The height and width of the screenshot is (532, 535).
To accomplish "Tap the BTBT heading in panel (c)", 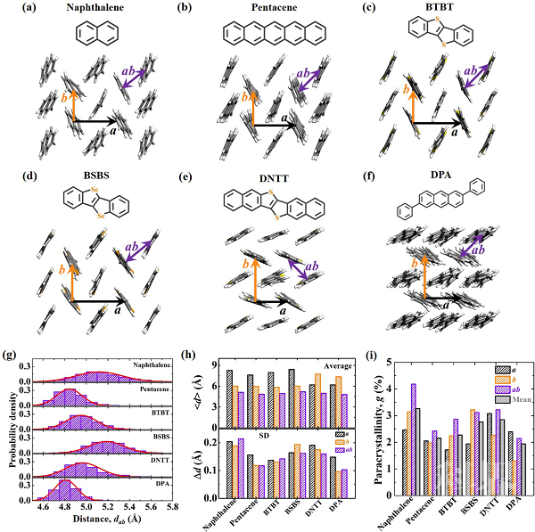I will [440, 8].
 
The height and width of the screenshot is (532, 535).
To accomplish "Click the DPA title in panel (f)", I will [440, 176].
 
